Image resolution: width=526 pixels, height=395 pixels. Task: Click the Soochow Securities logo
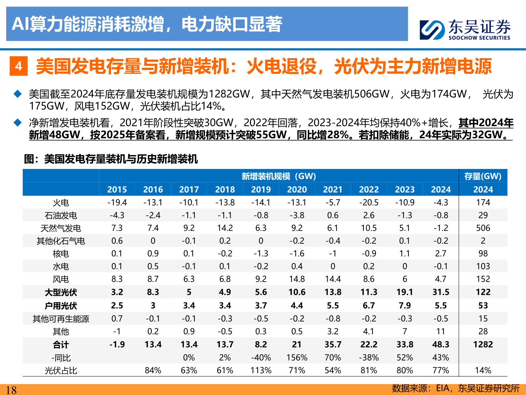coord(465,29)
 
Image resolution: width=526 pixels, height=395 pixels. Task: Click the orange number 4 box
coord(19,66)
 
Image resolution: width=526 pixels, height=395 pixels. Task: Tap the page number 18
coord(11,390)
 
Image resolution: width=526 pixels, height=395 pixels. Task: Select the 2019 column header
coord(261,189)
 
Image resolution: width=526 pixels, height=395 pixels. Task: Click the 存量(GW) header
coord(483,176)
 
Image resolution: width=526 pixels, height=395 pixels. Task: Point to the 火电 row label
coord(61,203)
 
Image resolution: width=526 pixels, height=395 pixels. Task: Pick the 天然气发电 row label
coord(61,228)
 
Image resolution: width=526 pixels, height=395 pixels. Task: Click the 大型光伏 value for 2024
coord(441,292)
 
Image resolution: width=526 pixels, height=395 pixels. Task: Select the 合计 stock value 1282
coord(483,345)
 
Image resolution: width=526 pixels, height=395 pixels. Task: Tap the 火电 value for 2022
coord(369,203)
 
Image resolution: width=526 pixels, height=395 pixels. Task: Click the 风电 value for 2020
coord(297,279)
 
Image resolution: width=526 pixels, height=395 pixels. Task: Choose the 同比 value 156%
coord(297,358)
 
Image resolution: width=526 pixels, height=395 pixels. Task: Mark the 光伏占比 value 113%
coord(261,370)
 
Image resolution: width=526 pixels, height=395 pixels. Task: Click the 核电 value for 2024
coord(441,253)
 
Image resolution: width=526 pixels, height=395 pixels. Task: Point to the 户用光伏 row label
coord(61,306)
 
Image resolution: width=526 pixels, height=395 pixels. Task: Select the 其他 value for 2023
coord(405,331)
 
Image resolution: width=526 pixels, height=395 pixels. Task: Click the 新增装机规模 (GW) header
coord(279,176)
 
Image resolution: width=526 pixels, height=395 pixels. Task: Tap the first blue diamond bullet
coord(18,94)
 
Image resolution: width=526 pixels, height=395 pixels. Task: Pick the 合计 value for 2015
coord(117,345)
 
